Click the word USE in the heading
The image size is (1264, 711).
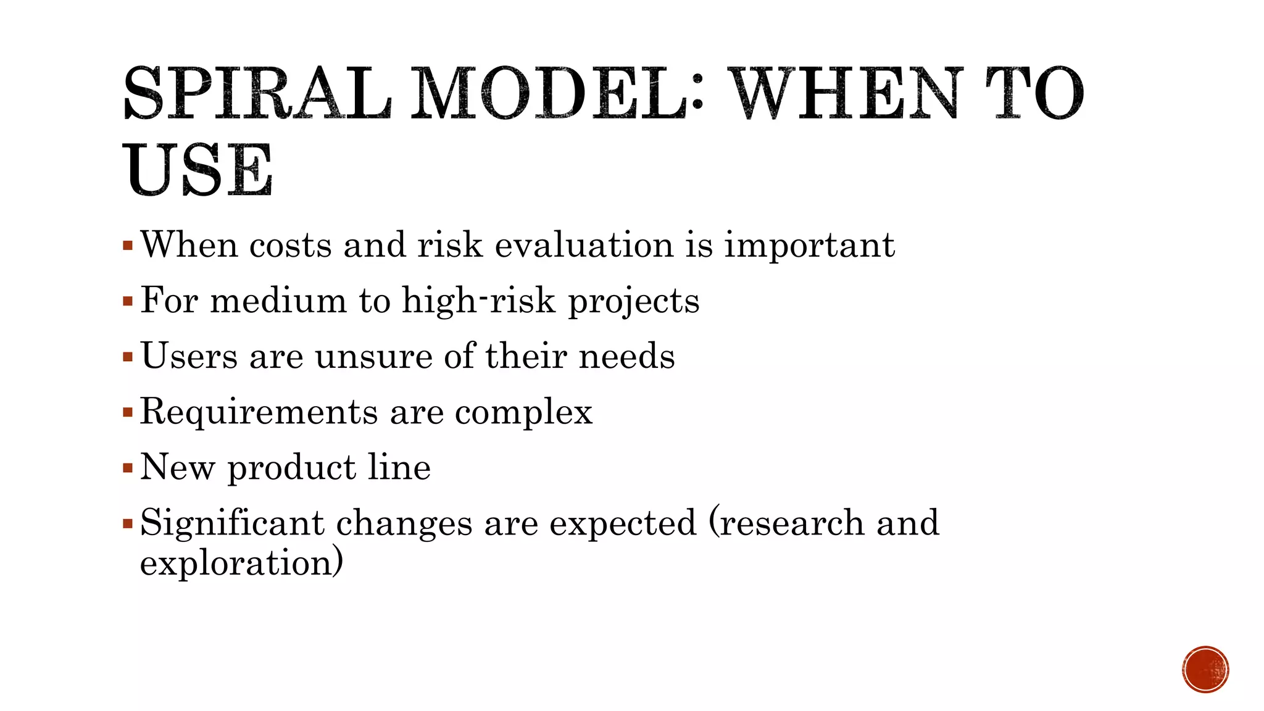coord(198,170)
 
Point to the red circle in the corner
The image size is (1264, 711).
coord(1205,670)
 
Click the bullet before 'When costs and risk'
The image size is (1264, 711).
coord(128,246)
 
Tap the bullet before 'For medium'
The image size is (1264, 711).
coord(128,302)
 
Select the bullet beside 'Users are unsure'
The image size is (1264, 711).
coord(128,357)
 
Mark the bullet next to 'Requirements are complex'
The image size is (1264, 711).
coord(128,412)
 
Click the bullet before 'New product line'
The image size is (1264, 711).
coord(128,468)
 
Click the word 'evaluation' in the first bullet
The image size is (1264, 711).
coord(584,245)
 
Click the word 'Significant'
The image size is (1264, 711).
coord(232,523)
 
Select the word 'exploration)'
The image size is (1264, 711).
coord(241,563)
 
